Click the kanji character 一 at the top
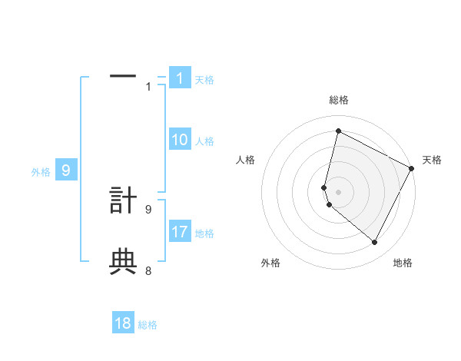123,77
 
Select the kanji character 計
123,200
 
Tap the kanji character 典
123,262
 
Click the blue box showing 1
179,78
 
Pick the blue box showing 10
179,140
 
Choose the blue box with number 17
179,231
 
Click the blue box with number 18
123,323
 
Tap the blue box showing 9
66,171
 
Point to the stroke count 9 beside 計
148,208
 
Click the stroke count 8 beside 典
148,270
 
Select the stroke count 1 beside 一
148,86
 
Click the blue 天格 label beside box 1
204,80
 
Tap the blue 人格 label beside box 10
204,141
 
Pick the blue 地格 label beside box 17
204,233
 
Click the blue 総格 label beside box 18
148,325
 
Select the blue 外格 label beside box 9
41,172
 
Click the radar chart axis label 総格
339,100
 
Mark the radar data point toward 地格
374,242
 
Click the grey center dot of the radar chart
339,191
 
